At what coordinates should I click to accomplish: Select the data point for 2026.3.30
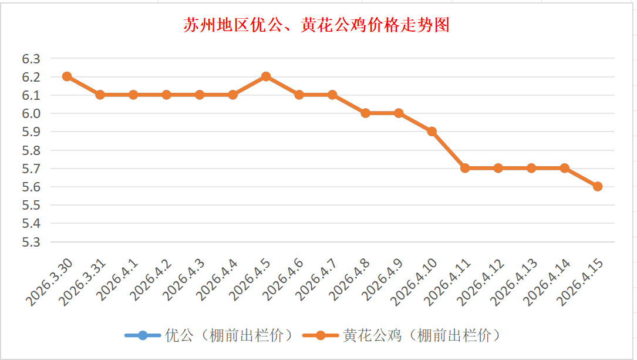tap(67, 76)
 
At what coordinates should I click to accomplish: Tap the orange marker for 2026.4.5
tap(266, 76)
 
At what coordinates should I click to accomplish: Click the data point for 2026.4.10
tap(432, 132)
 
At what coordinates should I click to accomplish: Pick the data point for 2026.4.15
tap(598, 186)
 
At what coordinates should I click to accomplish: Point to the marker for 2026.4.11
tap(465, 168)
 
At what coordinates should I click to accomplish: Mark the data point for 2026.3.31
tap(100, 95)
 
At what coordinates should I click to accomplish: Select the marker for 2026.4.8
tap(365, 113)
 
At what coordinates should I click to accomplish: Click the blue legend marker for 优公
tap(143, 336)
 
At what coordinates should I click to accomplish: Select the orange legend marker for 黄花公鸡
tap(321, 336)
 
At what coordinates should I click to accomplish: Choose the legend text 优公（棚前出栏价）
tap(229, 336)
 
